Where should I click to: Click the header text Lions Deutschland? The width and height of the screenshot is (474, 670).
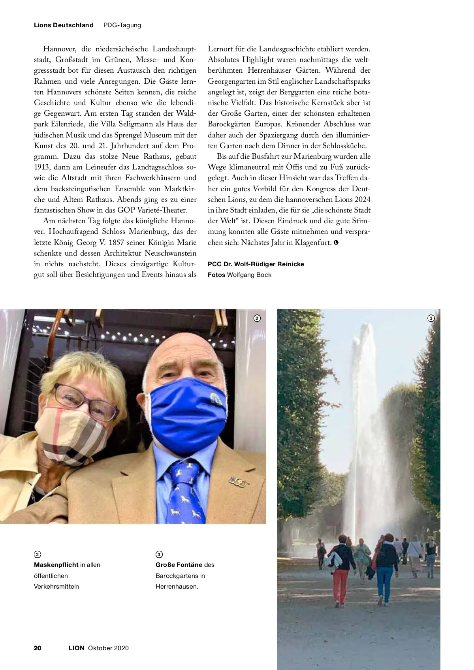(x=64, y=25)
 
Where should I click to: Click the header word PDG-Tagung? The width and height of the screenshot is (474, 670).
(x=122, y=25)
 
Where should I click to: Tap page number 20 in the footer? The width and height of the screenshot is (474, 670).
(x=38, y=648)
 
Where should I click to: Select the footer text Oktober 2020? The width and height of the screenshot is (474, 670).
(x=108, y=648)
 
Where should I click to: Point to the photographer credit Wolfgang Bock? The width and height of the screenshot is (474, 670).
(x=249, y=275)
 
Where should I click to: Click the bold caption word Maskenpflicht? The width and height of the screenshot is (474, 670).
(x=56, y=565)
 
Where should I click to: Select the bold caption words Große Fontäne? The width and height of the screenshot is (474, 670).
(x=179, y=565)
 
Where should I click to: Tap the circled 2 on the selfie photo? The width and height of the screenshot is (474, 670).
(x=257, y=318)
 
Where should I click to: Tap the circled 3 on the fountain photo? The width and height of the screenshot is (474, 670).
(x=431, y=318)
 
